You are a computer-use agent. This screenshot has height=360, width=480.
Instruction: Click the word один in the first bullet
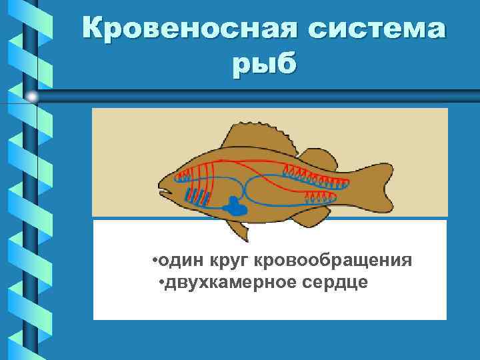[179, 259]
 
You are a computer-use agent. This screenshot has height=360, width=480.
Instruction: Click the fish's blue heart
[235, 207]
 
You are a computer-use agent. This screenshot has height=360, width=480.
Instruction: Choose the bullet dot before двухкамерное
[163, 283]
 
